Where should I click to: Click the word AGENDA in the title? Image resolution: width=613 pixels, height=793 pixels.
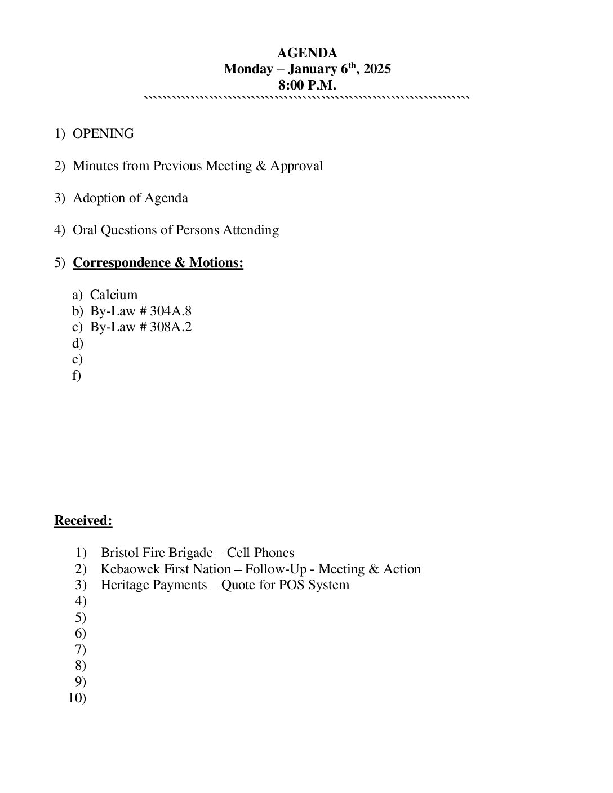pos(307,53)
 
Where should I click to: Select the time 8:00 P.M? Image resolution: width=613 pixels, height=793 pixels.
pos(307,86)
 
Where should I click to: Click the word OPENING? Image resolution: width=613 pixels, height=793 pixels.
pos(103,133)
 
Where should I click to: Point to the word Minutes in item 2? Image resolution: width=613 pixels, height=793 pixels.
pos(94,166)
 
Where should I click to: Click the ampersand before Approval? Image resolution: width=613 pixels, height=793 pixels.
pos(261,166)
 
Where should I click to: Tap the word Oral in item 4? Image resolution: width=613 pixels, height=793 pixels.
pos(85,230)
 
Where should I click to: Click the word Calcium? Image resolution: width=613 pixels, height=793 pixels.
pos(114,295)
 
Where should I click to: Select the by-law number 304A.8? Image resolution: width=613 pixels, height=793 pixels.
pos(171,311)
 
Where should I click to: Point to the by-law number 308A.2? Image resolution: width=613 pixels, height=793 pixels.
pos(171,327)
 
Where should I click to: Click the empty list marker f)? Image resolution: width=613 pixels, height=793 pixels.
pos(77,375)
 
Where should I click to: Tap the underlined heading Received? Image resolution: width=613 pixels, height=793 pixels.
pos(83,520)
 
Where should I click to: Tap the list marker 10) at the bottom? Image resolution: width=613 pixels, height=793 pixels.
pos(77,698)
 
